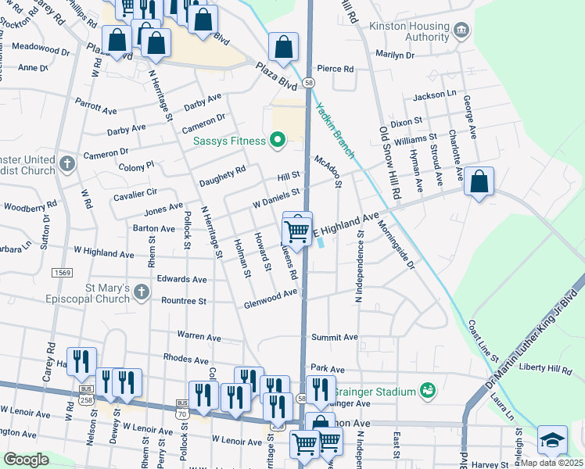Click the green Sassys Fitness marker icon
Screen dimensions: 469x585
tap(276, 141)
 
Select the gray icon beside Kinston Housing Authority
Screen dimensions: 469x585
tap(462, 30)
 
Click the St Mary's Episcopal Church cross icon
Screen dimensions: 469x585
tap(141, 292)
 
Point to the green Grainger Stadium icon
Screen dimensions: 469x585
tap(427, 389)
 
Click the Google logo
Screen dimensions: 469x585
tap(27, 460)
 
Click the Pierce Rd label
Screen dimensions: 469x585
tap(336, 69)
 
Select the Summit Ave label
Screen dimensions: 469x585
tap(334, 337)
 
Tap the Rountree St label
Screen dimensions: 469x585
tap(183, 300)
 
